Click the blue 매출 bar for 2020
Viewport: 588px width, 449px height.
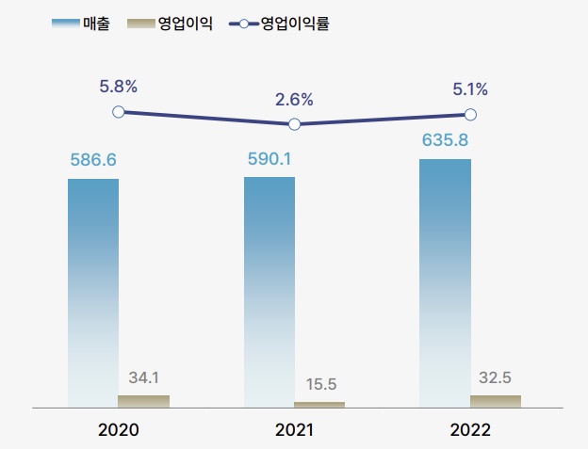93,293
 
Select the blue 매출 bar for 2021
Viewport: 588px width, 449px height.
269,292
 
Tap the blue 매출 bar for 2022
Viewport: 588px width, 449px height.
445,283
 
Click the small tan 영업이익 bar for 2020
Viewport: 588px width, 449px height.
144,401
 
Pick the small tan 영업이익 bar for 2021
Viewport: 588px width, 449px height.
319,404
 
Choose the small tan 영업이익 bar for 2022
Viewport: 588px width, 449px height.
496,401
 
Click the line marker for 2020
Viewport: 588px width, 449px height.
119,112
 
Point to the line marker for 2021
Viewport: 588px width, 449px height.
294,124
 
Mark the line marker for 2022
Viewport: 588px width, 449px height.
470,115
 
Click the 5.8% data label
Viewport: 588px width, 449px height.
119,87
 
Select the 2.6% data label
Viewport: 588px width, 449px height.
294,99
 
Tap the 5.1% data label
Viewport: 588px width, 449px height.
470,89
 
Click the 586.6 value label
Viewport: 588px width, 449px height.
93,160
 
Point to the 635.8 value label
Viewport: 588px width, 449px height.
445,141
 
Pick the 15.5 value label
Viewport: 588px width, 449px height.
321,384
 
